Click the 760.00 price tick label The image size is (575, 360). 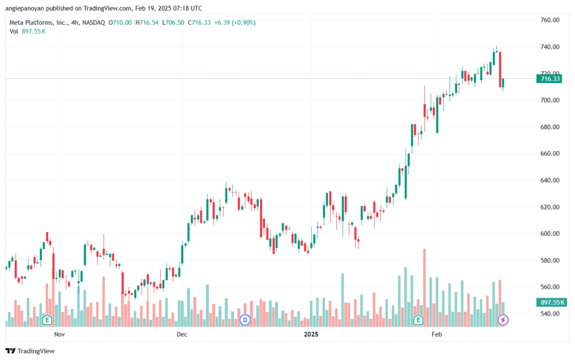pyautogui.click(x=550, y=20)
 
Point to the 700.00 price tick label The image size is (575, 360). pyautogui.click(x=550, y=100)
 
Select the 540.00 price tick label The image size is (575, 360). pyautogui.click(x=550, y=314)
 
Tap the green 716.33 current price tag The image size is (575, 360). pyautogui.click(x=549, y=79)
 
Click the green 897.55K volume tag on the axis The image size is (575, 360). pyautogui.click(x=551, y=303)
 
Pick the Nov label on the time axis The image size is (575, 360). pyautogui.click(x=60, y=334)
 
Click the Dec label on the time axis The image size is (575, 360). pyautogui.click(x=182, y=334)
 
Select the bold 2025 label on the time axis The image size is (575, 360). pyautogui.click(x=311, y=334)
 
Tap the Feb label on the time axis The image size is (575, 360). pyautogui.click(x=437, y=334)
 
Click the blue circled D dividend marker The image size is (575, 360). pyautogui.click(x=245, y=320)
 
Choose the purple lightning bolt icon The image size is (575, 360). pyautogui.click(x=503, y=320)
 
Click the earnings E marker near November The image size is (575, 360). pyautogui.click(x=47, y=320)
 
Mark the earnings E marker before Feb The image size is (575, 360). pyautogui.click(x=418, y=320)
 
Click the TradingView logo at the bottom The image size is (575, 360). pyautogui.click(x=30, y=351)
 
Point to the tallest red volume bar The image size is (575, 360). pyautogui.click(x=425, y=288)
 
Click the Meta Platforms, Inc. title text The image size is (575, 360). pyautogui.click(x=39, y=22)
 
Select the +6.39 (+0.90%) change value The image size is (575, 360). pyautogui.click(x=235, y=22)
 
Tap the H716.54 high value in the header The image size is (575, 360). pyautogui.click(x=147, y=22)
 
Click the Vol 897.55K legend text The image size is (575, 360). pyautogui.click(x=28, y=31)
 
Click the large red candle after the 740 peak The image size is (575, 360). pyautogui.click(x=500, y=70)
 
